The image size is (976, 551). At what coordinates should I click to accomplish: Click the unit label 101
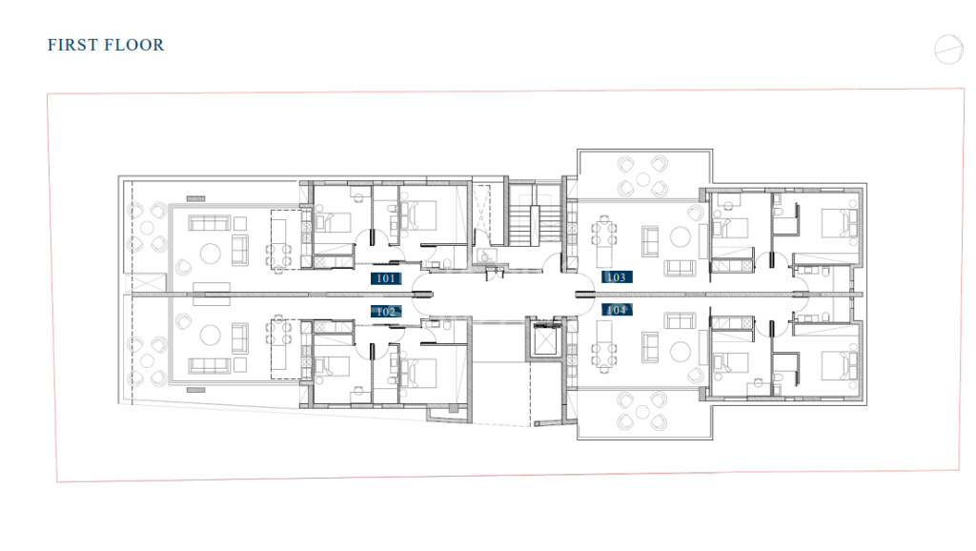tap(386, 278)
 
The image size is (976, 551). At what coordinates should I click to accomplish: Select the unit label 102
tap(386, 312)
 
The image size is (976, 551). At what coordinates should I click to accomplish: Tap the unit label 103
tap(617, 277)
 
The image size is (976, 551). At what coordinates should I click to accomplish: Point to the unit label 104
tap(617, 310)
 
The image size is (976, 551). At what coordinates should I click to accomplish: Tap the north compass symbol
tap(948, 50)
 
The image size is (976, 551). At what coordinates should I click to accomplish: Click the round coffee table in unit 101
tap(210, 254)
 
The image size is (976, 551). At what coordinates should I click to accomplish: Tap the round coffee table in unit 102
tap(210, 336)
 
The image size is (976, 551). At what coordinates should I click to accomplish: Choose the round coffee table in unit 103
tap(680, 237)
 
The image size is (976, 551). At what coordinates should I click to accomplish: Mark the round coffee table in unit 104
tap(680, 352)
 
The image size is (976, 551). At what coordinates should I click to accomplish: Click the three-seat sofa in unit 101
tap(210, 223)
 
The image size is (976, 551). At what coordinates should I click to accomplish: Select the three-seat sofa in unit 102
tap(210, 365)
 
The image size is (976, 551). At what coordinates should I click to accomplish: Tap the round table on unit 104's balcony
tap(642, 412)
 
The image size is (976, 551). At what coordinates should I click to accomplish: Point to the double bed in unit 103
tap(840, 223)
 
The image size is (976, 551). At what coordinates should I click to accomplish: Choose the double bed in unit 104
tap(840, 365)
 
